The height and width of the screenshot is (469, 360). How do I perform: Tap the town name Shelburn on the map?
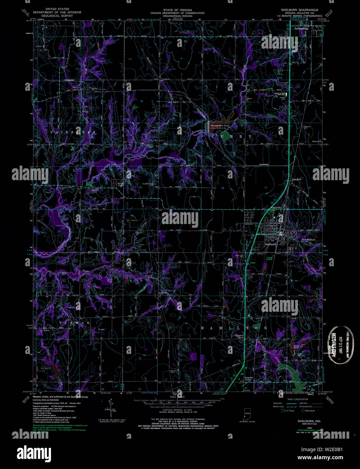270,244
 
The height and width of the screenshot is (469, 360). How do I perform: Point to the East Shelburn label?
308,240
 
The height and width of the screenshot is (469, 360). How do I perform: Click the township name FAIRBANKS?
73,133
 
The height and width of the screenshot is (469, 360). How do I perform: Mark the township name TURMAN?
74,323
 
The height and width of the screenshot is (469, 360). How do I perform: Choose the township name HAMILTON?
234,328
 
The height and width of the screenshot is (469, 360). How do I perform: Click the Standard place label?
296,179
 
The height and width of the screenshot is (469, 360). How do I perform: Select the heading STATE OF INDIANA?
177,10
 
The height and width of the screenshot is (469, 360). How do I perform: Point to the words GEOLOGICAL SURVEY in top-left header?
57,16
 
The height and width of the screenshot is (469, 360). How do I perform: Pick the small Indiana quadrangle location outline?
247,414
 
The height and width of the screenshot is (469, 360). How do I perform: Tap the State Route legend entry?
308,411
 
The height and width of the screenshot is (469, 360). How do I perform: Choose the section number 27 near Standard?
266,188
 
